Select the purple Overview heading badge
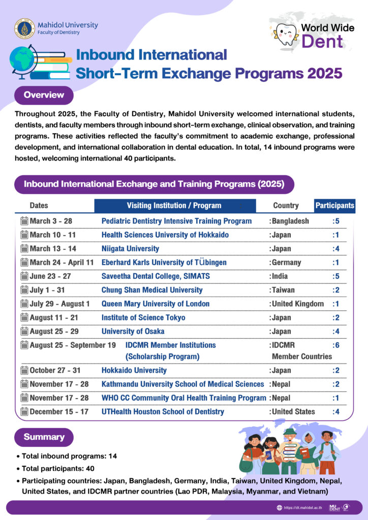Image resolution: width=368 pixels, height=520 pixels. pos(44,95)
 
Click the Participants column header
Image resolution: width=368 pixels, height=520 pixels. pos(335,206)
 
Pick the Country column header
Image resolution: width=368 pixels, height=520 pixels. pos(286,206)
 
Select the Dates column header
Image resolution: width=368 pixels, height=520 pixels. pos(39,206)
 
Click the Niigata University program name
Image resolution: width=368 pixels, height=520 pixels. pos(130,249)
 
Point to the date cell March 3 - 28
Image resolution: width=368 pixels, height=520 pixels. pos(51,221)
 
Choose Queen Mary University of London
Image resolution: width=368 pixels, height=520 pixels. pos(156,304)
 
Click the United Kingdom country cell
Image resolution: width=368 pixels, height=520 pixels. pos(297,304)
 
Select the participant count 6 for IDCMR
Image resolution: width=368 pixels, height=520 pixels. pos(336,345)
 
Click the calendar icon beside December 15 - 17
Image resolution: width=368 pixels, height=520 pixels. pos(24,411)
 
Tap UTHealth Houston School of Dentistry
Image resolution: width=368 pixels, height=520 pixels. pos(163,411)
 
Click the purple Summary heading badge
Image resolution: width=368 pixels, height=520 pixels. pos(44,437)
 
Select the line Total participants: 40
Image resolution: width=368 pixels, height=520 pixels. pos(58,468)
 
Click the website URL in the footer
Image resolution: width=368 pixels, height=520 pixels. pos(299,507)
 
